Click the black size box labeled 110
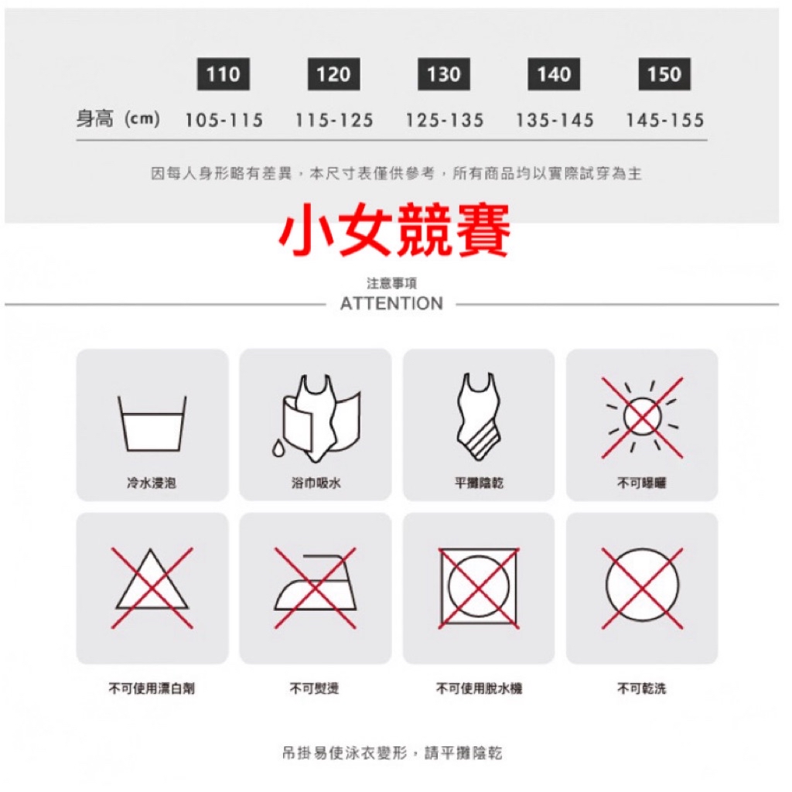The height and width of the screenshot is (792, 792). point(224,74)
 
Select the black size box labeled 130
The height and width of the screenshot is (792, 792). point(444,74)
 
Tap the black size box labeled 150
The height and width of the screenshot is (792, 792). point(664,74)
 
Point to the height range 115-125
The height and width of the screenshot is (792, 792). point(334,120)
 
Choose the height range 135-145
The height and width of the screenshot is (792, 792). point(555,120)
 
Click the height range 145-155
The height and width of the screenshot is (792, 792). point(664,120)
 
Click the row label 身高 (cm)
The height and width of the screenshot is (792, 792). point(118,120)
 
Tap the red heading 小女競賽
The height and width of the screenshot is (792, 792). point(394,230)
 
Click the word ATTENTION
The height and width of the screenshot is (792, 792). point(391,303)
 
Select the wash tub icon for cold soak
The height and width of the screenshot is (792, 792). point(152,423)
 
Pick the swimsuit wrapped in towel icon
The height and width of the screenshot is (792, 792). point(316,418)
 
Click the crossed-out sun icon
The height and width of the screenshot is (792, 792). point(642,418)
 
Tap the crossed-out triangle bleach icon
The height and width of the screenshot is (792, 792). point(152,588)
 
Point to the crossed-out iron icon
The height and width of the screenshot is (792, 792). point(316,588)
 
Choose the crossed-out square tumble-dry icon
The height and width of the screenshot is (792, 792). point(479,588)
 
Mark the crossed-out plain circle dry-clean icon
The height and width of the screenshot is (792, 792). point(642,588)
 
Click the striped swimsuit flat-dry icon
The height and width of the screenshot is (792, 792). point(479,416)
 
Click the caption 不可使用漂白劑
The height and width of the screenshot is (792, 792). point(152,688)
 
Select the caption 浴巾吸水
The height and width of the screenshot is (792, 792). point(316,483)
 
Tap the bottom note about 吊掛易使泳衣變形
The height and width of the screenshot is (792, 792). point(392,753)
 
